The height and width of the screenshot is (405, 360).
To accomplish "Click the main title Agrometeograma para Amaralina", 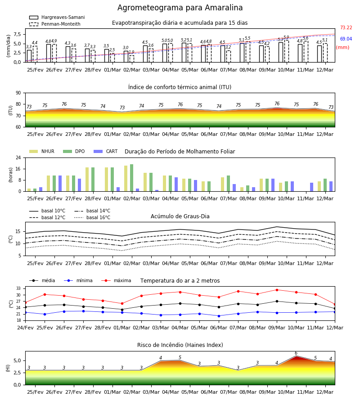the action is click(180, 8).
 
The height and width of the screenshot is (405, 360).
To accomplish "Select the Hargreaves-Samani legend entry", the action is click(57, 17).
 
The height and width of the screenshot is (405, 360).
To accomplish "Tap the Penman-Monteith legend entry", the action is click(55, 24).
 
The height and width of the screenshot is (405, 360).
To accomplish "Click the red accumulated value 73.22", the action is click(346, 27).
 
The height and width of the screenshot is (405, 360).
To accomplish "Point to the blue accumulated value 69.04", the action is click(346, 39).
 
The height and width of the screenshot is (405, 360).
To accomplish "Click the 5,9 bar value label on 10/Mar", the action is click(286, 37).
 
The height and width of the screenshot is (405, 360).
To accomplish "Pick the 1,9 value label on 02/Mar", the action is click(131, 52).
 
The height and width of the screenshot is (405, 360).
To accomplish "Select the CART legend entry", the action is click(106, 151).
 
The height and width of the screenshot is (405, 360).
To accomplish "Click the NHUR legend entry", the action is click(42, 151).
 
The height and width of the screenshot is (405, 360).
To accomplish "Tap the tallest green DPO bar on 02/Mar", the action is click(132, 178).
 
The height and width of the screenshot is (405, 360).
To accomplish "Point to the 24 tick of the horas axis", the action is click(19, 157).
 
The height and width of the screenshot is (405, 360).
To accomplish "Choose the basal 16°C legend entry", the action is click(92, 217).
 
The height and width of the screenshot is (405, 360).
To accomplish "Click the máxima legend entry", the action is click(116, 280).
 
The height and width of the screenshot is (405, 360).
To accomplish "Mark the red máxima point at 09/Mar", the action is click(277, 290).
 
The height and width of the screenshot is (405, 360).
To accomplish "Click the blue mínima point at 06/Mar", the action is click(219, 316).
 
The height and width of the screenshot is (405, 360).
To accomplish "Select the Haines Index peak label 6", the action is click(296, 353).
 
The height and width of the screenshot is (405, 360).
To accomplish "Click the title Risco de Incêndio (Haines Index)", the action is click(180, 345).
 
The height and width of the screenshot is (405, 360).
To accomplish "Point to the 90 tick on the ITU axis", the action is click(18, 93).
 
